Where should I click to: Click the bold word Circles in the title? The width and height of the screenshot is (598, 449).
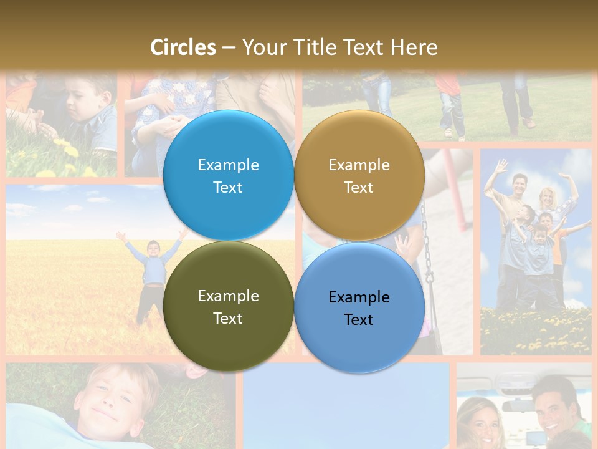(x=183, y=47)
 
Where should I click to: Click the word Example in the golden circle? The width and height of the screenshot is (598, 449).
(x=359, y=165)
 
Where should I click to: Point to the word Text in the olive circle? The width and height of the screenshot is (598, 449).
(x=227, y=319)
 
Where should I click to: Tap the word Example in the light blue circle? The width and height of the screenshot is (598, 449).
(x=228, y=165)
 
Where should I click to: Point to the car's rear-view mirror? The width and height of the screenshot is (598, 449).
(x=515, y=406)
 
